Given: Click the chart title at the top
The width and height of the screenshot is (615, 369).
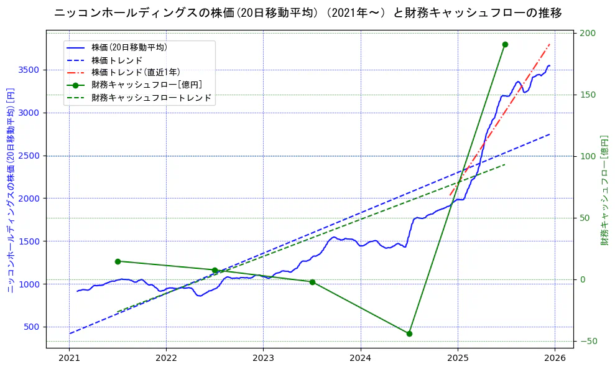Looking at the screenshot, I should coord(308,13).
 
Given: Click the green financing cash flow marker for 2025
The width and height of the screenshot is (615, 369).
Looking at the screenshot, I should coord(505,44).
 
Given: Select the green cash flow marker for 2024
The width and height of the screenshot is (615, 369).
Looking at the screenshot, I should coord(409,334).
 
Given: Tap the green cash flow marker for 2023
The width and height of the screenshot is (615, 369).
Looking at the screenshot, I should coord(312,282).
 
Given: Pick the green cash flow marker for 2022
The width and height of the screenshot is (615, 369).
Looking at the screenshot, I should coord(215,270).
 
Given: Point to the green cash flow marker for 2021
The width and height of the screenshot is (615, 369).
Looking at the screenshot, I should coord(118,261).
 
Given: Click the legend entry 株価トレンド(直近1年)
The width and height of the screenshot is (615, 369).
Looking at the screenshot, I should coord(136,72).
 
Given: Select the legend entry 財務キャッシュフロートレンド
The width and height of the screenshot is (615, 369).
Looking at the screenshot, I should coord(151,98).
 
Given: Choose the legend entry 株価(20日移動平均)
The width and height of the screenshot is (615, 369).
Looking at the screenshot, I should coord(129,47).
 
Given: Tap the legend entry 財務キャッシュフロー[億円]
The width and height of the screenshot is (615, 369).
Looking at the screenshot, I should coord(146,85).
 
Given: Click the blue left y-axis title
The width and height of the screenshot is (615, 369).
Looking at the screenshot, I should coord(11,190).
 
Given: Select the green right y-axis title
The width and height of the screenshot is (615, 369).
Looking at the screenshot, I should coord(604,190).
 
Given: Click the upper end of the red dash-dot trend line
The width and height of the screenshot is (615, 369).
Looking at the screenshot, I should coord(550,44).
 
